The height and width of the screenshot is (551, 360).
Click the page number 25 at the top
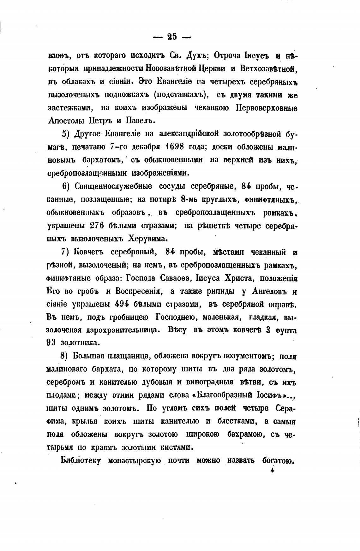point(172,37)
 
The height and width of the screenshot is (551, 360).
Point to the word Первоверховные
point(267,108)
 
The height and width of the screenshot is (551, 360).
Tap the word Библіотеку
point(81,460)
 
